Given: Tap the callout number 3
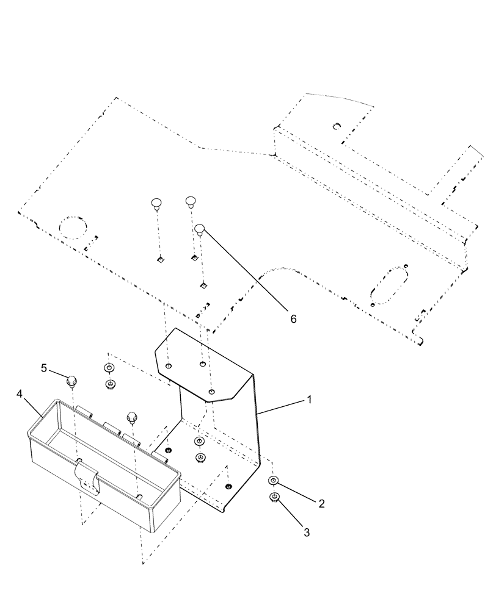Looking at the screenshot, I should [x=307, y=533].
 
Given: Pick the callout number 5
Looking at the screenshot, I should [x=43, y=368].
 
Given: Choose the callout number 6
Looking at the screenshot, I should [x=293, y=318].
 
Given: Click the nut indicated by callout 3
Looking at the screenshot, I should [x=275, y=497].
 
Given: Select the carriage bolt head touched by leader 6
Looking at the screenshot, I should [x=200, y=230].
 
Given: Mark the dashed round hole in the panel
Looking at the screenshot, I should [x=74, y=228].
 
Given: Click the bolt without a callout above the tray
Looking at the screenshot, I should [x=131, y=418].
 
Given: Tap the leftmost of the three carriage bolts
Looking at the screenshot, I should [x=156, y=203].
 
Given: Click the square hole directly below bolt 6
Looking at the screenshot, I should [x=202, y=284].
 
